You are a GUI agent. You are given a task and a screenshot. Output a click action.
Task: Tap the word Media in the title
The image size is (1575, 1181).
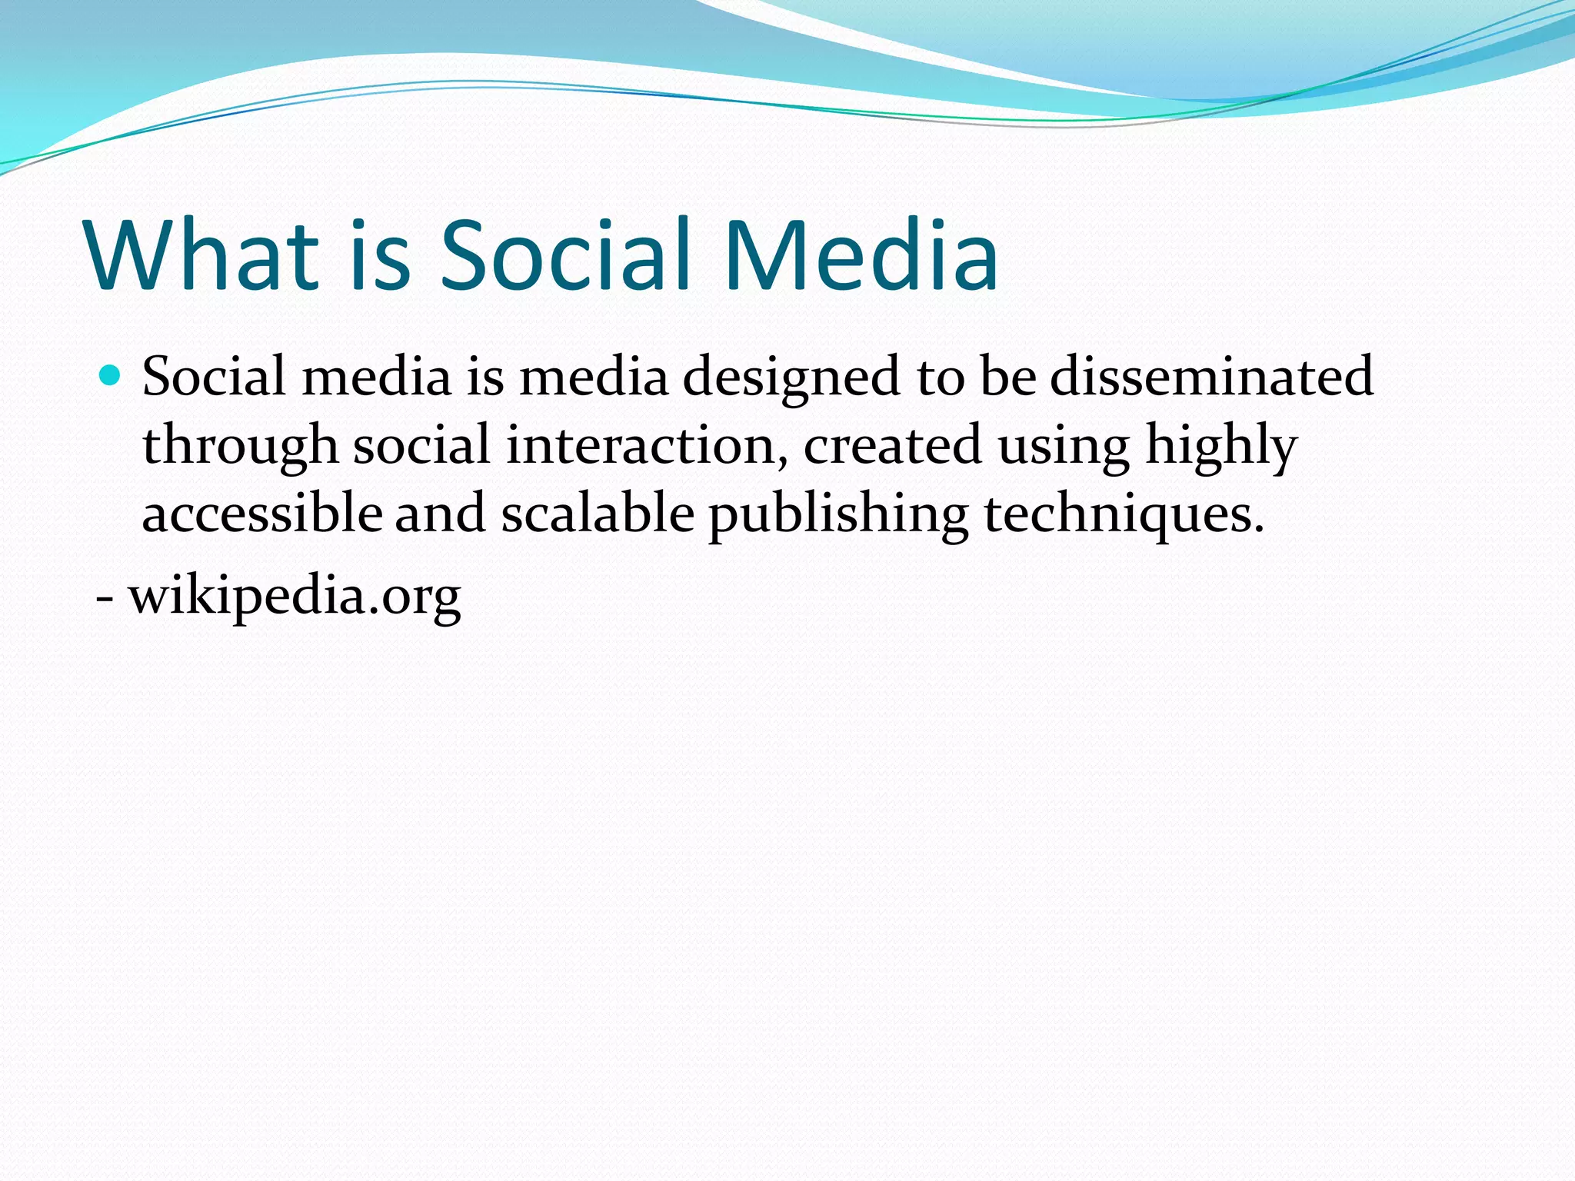click(x=861, y=255)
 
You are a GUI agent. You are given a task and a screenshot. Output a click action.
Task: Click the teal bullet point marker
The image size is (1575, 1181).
click(x=112, y=376)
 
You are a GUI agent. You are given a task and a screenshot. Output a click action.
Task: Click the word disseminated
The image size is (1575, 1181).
click(x=1211, y=377)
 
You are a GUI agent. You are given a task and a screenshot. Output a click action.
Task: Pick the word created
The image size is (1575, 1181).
click(x=893, y=446)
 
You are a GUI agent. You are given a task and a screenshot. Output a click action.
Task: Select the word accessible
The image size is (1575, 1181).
click(x=262, y=514)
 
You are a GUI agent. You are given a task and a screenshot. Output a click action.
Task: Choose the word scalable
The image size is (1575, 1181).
click(x=598, y=514)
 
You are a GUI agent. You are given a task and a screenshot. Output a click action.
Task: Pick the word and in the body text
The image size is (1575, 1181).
click(x=440, y=514)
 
